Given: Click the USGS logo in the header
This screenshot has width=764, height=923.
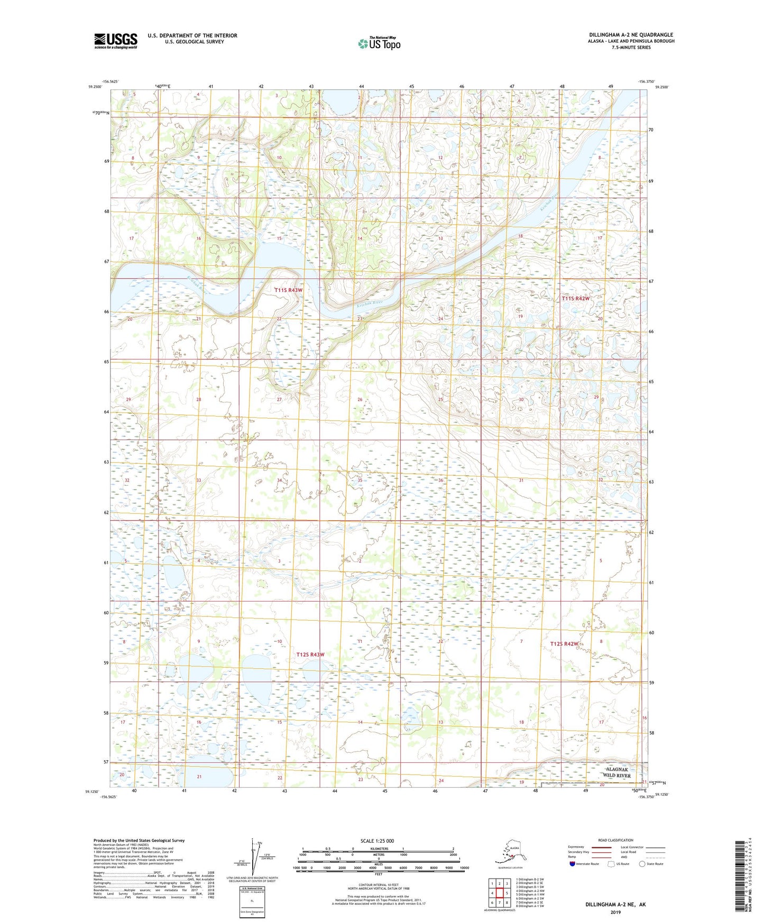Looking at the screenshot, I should (x=116, y=41).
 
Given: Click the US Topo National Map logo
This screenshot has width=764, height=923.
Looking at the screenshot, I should (x=379, y=43).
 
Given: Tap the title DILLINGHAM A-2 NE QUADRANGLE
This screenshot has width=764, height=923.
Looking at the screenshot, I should (x=631, y=35).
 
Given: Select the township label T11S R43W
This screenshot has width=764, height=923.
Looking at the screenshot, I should (x=289, y=290).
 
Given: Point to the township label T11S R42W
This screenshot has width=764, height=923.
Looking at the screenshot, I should (x=575, y=298).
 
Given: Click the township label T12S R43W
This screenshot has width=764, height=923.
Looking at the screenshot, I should (x=310, y=654).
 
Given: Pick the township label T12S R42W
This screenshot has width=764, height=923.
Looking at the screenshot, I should (x=564, y=644).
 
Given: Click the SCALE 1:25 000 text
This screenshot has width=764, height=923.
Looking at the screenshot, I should (x=377, y=841).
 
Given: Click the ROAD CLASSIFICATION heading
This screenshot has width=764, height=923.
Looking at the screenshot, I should (x=615, y=840).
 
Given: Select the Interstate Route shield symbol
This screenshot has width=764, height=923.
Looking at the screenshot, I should (x=572, y=864).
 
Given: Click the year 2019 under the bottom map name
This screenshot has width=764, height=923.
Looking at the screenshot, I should (x=615, y=912).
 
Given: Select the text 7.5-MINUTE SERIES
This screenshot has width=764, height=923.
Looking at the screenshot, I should (x=631, y=48).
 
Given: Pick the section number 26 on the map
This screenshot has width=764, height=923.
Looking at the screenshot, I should (x=360, y=400).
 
